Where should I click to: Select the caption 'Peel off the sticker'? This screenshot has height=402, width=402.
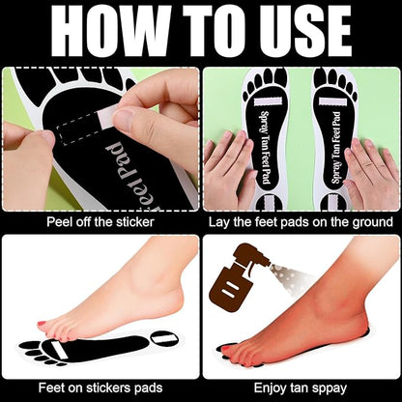click(100, 222)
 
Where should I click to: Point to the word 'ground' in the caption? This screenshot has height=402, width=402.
click(373, 222)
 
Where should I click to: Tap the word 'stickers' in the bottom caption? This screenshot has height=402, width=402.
click(110, 388)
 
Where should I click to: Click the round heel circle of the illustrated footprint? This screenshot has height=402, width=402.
click(164, 338)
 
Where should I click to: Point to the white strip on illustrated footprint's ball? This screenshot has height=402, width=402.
click(59, 350)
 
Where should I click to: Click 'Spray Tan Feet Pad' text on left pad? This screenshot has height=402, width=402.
click(266, 147)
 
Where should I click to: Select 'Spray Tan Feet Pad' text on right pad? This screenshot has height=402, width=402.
click(335, 148)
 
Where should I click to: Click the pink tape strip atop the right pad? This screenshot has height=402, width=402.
click(333, 102)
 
